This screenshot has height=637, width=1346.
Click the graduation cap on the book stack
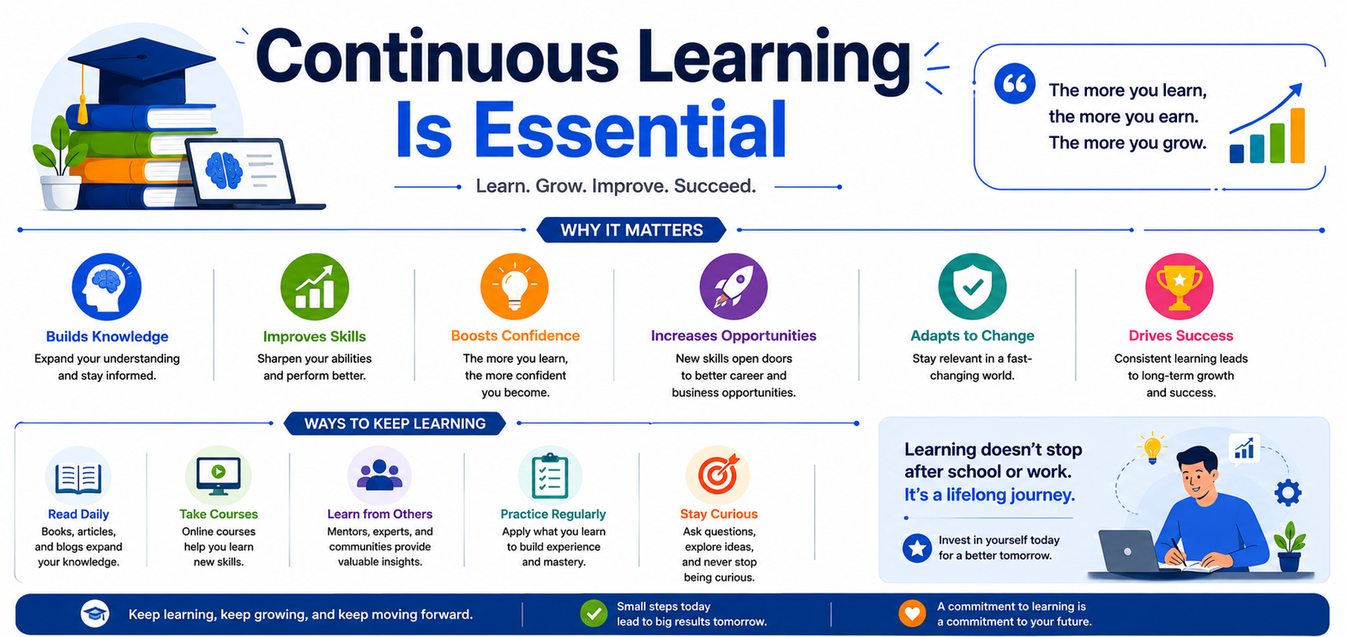coord(141,72)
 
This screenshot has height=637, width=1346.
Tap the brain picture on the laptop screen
coord(224,170)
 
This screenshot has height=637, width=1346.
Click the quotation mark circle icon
coord(1015,83)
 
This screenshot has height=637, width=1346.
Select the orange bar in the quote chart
coord(1297,135)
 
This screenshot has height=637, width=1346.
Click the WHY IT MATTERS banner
coord(632,231)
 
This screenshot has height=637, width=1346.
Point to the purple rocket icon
coord(733,287)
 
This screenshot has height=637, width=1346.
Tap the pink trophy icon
coord(1179,287)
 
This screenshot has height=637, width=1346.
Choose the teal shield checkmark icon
coord(972,287)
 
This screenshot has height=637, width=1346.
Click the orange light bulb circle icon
coord(514,287)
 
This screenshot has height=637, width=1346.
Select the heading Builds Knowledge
coord(107,337)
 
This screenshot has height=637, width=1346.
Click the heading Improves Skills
coord(315,337)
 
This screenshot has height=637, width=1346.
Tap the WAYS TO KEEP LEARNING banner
coord(395,423)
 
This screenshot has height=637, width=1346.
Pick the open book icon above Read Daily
coord(78,478)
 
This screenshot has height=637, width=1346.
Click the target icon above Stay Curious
coord(718,475)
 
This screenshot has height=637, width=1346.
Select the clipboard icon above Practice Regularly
coord(550,476)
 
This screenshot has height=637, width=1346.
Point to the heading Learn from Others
coord(379,514)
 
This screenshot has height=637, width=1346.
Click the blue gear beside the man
coord(1288,493)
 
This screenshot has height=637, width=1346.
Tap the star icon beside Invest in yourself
coord(917,548)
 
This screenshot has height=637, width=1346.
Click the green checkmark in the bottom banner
coord(594,613)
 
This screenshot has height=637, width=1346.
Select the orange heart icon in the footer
coord(912,613)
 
